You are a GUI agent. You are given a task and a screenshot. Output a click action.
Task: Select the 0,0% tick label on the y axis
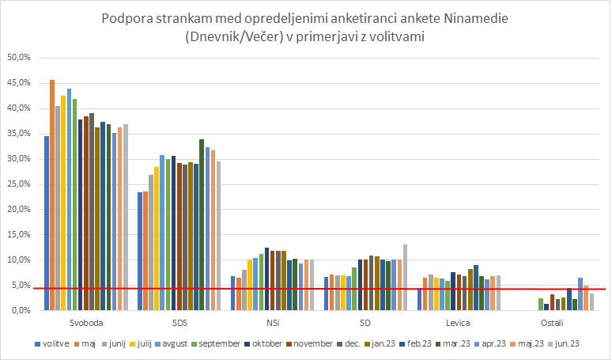pyautogui.click(x=19, y=311)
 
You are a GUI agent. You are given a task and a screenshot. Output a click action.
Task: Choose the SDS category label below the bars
pyautogui.click(x=179, y=324)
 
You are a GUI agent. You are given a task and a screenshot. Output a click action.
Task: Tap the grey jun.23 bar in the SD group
pyautogui.click(x=406, y=277)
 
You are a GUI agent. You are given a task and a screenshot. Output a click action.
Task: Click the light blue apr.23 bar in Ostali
pyautogui.click(x=580, y=294)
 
